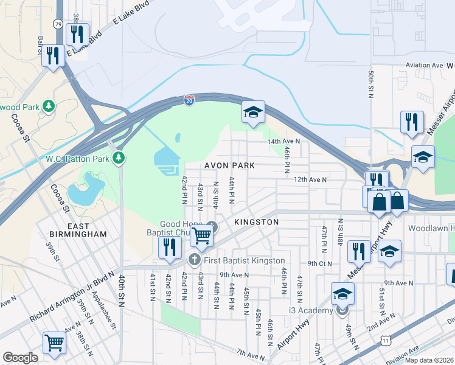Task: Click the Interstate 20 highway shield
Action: click(190, 100)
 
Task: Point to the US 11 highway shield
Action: click(387, 341)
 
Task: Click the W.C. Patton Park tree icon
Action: click(120, 159)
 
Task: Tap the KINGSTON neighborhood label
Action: click(257, 223)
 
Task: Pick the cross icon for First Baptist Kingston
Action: click(194, 261)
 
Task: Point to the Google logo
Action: click(20, 358)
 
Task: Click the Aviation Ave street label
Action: click(425, 65)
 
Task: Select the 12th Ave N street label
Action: click(311, 180)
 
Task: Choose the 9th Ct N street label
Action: click(320, 263)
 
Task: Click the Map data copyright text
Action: click(429, 360)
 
